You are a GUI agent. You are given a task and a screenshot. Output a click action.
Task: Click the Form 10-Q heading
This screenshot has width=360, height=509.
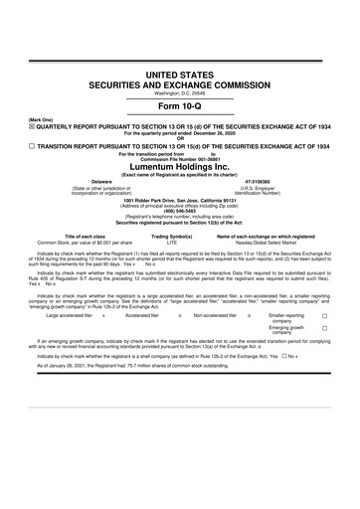[179, 105]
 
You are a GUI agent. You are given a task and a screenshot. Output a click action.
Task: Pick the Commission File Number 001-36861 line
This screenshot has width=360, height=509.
[179, 161]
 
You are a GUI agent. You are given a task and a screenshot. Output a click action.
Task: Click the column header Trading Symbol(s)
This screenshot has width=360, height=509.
[170, 208]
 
